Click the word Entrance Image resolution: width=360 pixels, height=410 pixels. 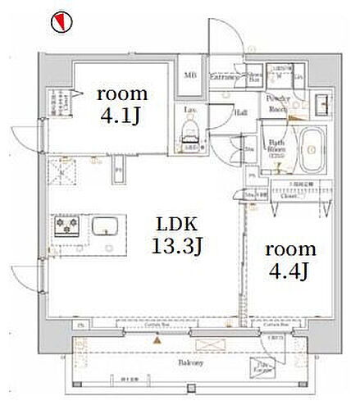coord(224,77)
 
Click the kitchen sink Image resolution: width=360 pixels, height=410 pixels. coord(105,225)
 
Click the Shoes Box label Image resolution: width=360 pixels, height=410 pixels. coord(255,77)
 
